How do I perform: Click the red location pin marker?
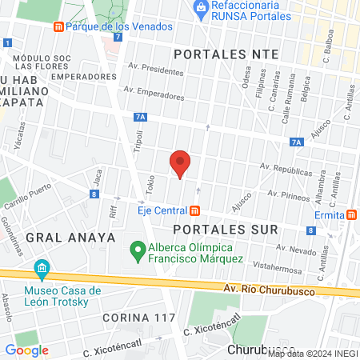click(180, 163)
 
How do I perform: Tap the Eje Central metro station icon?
click(194, 210)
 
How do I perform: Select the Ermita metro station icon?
click(352, 215)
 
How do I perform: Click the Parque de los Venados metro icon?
click(58, 26)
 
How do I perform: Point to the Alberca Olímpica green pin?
click(138, 252)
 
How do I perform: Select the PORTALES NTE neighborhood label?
click(226, 53)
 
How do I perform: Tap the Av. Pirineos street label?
click(289, 194)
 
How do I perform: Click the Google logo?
click(26, 350)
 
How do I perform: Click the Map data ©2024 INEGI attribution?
click(312, 353)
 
